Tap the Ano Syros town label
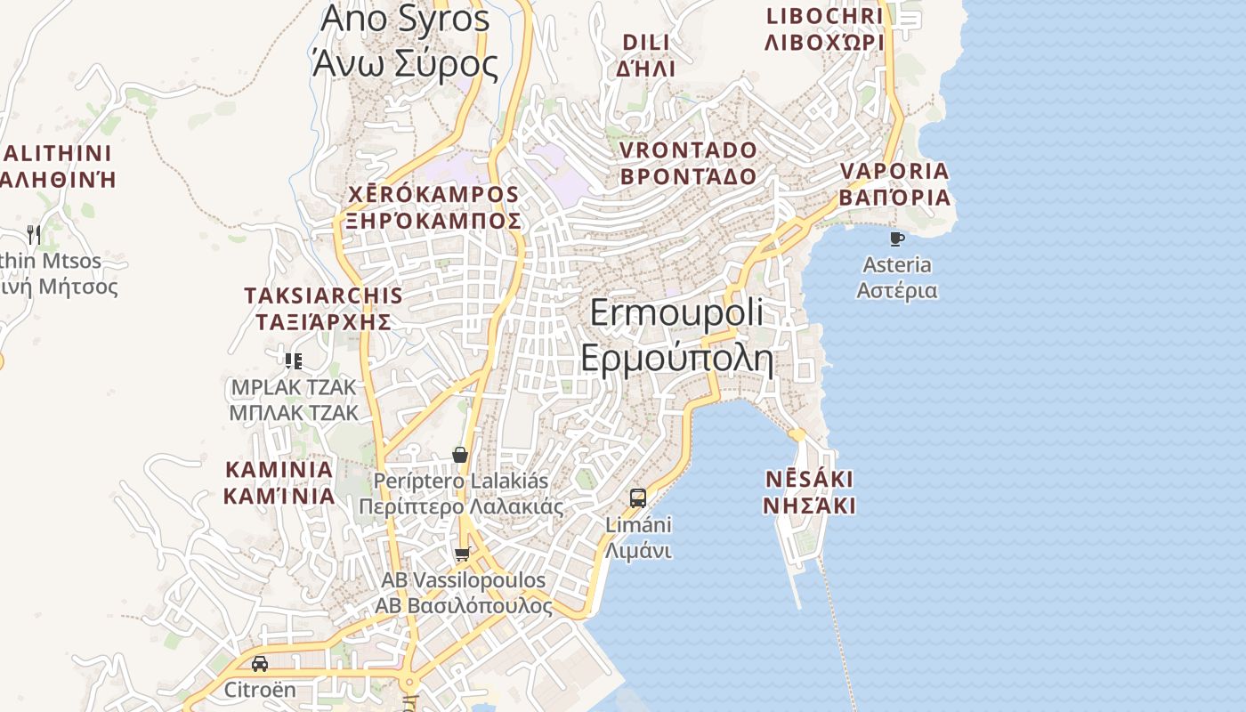405,40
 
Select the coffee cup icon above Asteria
896,239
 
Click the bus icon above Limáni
638,498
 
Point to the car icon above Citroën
259,664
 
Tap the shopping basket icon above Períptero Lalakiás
460,455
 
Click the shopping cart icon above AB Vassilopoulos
462,554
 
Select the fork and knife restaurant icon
34,235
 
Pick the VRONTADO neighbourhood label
688,163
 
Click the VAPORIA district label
894,184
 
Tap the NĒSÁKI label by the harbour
809,493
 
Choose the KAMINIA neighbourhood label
279,482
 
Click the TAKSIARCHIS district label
323,308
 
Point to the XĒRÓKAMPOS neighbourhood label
433,207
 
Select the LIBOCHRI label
824,28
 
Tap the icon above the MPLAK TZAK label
294,360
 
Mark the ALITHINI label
57,166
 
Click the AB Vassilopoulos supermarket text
463,593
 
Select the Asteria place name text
897,278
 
